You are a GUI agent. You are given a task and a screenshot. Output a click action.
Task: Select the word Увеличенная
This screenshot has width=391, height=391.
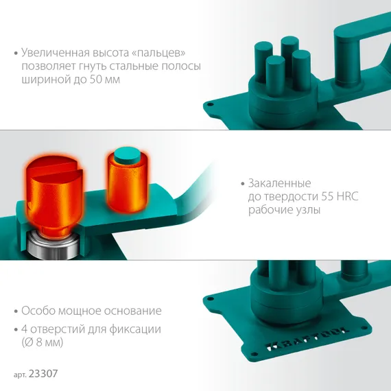56,53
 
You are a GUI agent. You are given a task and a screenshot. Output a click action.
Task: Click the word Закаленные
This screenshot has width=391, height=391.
280,184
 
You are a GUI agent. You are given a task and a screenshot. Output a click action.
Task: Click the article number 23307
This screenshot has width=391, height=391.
43,374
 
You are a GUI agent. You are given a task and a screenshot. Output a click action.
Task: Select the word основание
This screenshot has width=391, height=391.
132,311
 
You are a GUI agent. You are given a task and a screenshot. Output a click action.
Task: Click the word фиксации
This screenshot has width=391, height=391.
135,330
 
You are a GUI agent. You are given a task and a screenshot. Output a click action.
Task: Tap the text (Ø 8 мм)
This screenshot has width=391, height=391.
43,342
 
